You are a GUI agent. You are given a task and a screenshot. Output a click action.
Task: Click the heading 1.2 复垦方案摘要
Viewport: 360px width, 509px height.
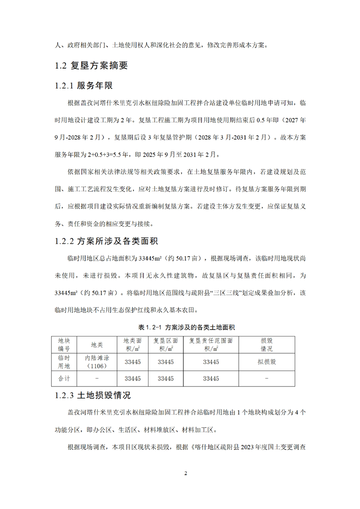tap(91, 66)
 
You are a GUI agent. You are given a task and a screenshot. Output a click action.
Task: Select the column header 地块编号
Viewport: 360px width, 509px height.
tap(64, 345)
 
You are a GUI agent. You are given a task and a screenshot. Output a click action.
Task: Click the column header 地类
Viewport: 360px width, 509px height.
tap(97, 345)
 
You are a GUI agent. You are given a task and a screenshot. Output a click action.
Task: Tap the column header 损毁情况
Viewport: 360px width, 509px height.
tap(266, 345)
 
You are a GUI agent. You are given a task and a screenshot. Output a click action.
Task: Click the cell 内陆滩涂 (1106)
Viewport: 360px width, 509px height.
tap(97, 362)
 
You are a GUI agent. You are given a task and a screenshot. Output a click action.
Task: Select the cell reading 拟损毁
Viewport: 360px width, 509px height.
tap(266, 362)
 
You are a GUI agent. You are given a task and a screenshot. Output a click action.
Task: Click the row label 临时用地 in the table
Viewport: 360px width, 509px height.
tap(64, 362)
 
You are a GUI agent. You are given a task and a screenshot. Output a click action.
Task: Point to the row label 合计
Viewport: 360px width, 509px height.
tap(64, 378)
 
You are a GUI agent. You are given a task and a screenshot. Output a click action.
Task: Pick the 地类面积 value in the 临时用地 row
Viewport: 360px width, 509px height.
tap(133, 362)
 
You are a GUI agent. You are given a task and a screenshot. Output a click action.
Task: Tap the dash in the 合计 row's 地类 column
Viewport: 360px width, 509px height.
tap(97, 378)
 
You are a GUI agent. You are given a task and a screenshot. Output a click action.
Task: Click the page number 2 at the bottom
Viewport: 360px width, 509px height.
tap(185, 473)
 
